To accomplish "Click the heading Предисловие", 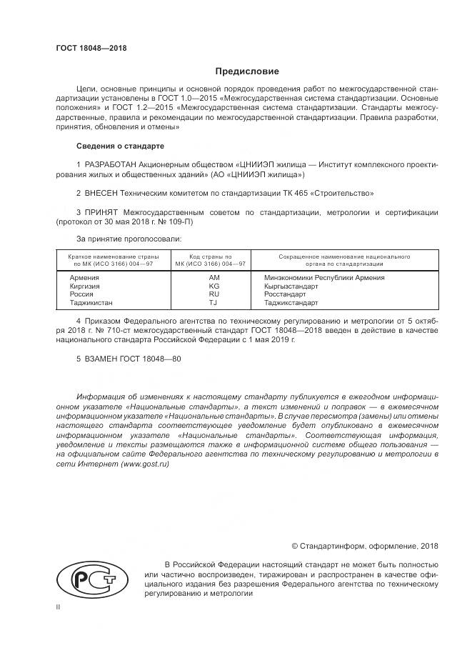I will tap(248, 71).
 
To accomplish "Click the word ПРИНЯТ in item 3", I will tap(103, 212).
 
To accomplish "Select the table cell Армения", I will tap(84, 276).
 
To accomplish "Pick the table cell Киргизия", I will tap(85, 285).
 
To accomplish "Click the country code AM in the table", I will tap(214, 276).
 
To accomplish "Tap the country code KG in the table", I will tap(214, 285).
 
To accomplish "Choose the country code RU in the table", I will tap(214, 294).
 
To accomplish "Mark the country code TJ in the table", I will tap(214, 302).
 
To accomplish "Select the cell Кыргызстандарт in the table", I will tap(290, 285).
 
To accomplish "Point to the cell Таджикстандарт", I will tap(291, 302).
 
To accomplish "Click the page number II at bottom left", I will tap(58, 606).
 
